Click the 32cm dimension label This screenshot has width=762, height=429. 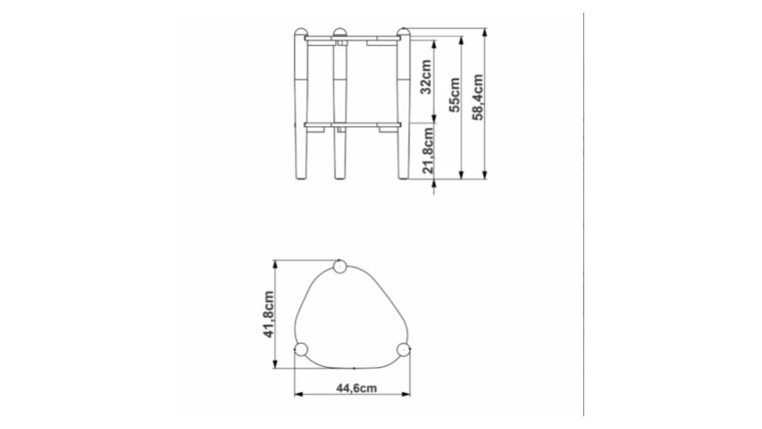coord(425,77)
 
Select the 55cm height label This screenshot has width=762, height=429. coord(454,95)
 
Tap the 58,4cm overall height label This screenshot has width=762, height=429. coord(478,97)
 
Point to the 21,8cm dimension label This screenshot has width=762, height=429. coord(428,150)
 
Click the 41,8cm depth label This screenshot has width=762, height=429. coord(268,315)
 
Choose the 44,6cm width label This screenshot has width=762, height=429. coord(356,388)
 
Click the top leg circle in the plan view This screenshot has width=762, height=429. coord(339,267)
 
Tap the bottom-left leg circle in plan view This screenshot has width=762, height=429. coord(302,350)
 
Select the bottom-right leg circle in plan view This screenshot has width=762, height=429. coord(403,350)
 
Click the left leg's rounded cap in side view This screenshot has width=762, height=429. coord(301,32)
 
